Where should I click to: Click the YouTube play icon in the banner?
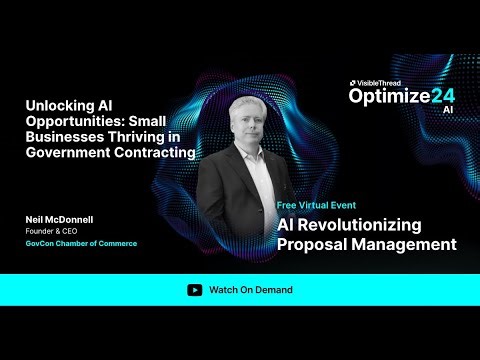pos(194,290)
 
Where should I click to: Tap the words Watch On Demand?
pos(251,290)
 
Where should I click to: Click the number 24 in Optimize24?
pos(441,96)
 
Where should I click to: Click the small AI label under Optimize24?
pos(447,110)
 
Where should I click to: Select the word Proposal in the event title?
pos(316,244)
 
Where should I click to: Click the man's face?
pos(249,130)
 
